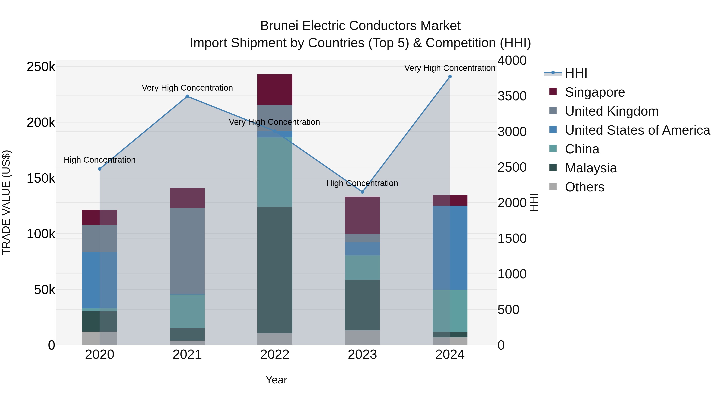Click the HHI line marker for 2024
pyautogui.click(x=450, y=77)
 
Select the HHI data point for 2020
pyautogui.click(x=100, y=169)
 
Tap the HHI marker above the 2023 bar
pyautogui.click(x=362, y=192)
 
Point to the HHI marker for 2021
pyautogui.click(x=187, y=96)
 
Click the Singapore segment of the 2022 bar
pyautogui.click(x=275, y=89)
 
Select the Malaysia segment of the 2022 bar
pyautogui.click(x=275, y=270)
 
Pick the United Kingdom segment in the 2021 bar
pyautogui.click(x=187, y=251)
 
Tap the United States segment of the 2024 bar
pyautogui.click(x=450, y=248)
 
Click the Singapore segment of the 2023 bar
pyautogui.click(x=362, y=215)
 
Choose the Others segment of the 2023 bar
pyautogui.click(x=362, y=338)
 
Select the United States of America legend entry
pyautogui.click(x=637, y=130)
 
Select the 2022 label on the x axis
pyautogui.click(x=275, y=355)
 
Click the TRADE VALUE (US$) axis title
pyautogui.click(x=6, y=202)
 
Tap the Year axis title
pyautogui.click(x=276, y=380)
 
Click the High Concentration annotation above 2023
pyautogui.click(x=362, y=183)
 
